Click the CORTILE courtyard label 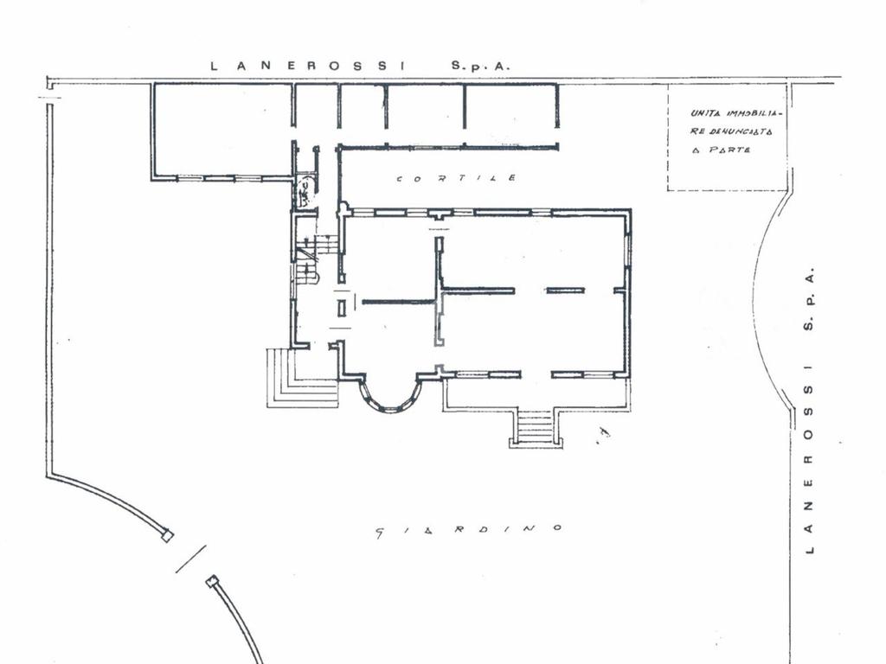tap(456, 178)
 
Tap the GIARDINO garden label tap(469, 531)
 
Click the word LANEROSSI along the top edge tap(309, 66)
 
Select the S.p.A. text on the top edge tap(480, 66)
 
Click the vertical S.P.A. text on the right tap(809, 303)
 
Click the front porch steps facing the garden tap(535, 429)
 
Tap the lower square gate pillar tap(212, 580)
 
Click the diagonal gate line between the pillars tap(191, 559)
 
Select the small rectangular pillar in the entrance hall tap(341, 309)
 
